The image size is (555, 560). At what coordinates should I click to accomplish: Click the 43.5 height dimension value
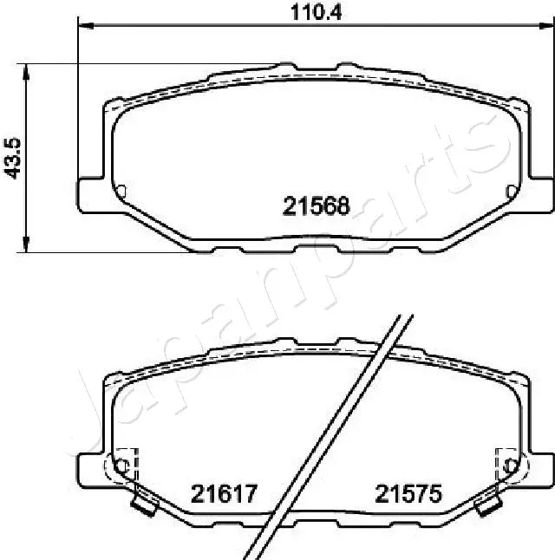click(x=12, y=157)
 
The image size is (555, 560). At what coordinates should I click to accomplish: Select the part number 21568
click(x=316, y=205)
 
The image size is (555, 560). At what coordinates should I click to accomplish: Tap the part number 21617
click(x=223, y=494)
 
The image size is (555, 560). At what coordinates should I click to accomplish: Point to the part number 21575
click(x=408, y=494)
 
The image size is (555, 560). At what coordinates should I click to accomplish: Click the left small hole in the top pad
click(x=121, y=191)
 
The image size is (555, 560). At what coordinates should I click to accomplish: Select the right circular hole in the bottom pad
click(x=511, y=466)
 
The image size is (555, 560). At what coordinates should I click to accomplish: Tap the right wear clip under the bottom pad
click(x=490, y=500)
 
